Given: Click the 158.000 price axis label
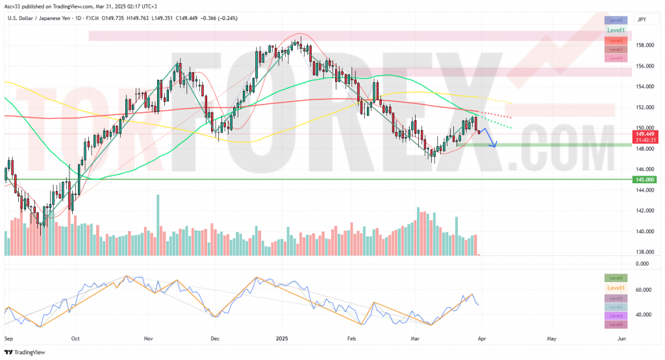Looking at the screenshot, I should coord(644,45).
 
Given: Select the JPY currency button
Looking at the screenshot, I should coord(642,19).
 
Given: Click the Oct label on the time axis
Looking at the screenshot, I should coord(75,339).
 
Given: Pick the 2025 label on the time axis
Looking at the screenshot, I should coord(282,339).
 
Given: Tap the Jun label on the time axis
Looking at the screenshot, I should coord(621,339).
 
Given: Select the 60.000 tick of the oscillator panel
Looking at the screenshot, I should coord(644,290).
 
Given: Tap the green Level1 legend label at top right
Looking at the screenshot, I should coord(616,31).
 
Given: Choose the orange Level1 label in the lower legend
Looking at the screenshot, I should coord(616,288).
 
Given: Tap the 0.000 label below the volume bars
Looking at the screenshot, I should coord(642,264).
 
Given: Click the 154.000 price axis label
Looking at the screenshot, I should coord(644,86).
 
